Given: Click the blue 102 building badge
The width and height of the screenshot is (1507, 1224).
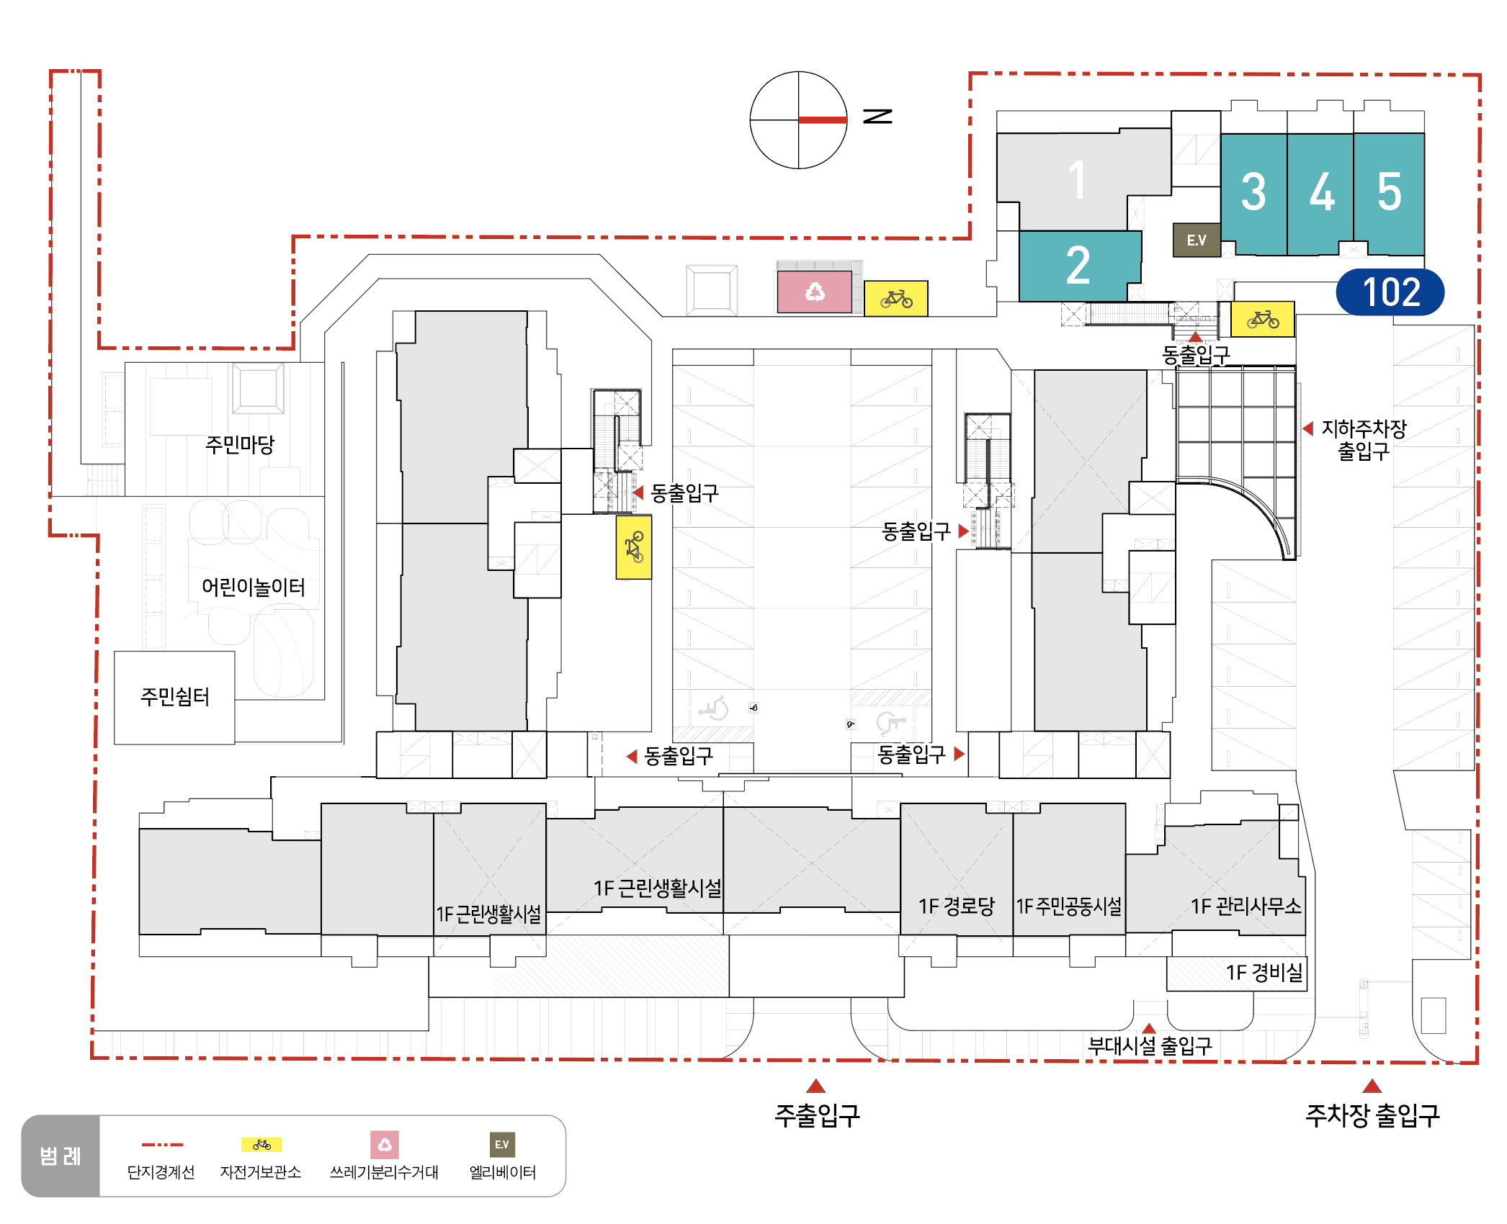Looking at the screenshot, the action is coord(1390,292).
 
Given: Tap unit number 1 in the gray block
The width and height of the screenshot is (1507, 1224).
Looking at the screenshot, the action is coord(1077,180).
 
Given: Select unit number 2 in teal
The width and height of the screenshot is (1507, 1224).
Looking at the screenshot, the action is coord(1078,265).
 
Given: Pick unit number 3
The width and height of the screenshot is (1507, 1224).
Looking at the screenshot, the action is coord(1253,192).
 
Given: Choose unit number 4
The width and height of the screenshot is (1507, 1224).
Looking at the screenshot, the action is coord(1322,192).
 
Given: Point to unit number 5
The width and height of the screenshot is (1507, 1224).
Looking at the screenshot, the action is coord(1390,192).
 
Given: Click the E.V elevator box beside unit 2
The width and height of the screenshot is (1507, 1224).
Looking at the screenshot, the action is coord(1197,240).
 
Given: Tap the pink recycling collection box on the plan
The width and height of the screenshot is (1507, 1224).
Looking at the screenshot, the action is coord(814,292).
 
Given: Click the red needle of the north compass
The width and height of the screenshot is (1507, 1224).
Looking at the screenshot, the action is coord(823,120).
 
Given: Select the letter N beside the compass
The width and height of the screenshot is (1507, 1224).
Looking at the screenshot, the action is coord(877,116).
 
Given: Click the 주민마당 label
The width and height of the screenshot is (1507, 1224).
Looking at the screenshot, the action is coord(240,444).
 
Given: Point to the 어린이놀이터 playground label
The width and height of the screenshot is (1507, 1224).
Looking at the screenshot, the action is coord(254,587).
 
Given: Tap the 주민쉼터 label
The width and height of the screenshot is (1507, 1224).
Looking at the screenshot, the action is coord(175,696).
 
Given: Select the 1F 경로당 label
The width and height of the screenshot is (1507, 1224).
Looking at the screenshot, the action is coord(957,906).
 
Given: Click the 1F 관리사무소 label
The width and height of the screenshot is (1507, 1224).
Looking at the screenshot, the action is coord(1246,906).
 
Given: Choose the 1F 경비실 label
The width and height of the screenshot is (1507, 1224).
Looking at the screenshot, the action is coord(1264,972).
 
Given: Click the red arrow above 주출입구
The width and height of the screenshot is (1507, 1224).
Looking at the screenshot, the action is coord(815,1086).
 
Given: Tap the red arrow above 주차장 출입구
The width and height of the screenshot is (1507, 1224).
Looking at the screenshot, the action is coord(1372,1086).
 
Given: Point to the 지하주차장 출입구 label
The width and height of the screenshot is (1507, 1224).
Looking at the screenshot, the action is coord(1364,440).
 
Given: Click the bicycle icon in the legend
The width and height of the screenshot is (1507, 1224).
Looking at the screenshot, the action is coord(261,1145).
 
